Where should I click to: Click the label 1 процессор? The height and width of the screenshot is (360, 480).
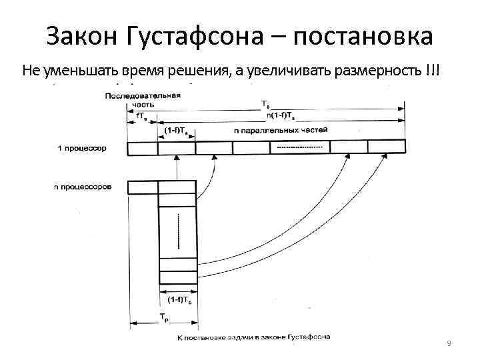coord(81,147)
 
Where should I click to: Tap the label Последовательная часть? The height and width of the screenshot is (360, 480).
coord(142,100)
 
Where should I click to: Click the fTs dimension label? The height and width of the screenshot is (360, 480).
coord(142,116)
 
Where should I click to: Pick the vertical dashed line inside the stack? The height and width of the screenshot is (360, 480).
coord(178,230)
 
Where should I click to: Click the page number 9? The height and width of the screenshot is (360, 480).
coord(449,343)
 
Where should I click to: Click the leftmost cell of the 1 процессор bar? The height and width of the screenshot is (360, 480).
coord(142,147)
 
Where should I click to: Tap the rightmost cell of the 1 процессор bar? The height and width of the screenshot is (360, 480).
coord(386,147)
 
